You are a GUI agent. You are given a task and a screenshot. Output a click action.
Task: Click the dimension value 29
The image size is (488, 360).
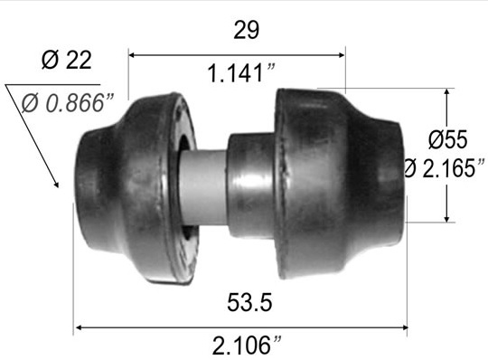[x=246, y=30]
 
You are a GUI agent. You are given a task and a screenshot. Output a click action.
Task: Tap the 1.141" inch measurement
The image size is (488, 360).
[x=241, y=73]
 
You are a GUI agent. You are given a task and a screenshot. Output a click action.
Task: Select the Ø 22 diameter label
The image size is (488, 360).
[x=67, y=60]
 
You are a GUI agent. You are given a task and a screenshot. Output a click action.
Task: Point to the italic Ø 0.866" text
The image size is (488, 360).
[x=68, y=103]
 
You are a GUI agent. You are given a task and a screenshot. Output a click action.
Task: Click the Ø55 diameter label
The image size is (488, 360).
[x=447, y=139]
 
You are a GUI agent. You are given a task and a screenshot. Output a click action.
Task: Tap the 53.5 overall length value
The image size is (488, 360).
[x=249, y=302]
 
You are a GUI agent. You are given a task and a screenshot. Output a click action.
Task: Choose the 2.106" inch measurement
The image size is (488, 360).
[x=247, y=345]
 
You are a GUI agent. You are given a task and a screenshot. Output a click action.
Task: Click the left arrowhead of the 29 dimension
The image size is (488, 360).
[x=131, y=55]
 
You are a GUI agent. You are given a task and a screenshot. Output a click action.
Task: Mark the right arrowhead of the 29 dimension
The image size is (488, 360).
[x=342, y=55]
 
